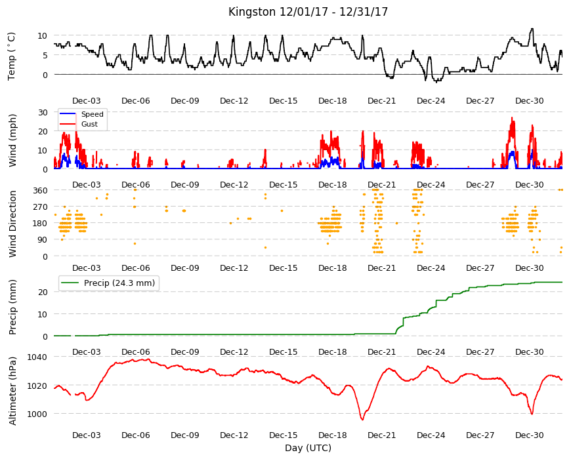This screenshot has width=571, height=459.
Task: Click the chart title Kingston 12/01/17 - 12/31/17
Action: [x=308, y=12]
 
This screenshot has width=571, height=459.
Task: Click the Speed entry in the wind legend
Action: [x=92, y=114]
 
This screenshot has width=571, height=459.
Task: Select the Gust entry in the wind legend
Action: [x=89, y=124]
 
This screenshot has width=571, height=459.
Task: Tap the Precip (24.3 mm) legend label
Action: [x=119, y=283]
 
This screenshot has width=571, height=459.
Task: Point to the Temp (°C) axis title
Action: [x=12, y=56]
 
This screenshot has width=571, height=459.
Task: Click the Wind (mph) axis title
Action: [x=12, y=140]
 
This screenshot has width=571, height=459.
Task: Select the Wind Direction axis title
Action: [x=12, y=224]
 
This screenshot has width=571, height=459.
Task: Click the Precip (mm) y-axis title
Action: [x=12, y=307]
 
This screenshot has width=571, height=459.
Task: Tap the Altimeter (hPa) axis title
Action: [x=12, y=391]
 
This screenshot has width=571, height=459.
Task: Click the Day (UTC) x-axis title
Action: [x=308, y=448]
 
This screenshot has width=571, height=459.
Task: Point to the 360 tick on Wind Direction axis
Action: [x=40, y=191]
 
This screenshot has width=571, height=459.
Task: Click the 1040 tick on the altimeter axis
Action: [x=37, y=357]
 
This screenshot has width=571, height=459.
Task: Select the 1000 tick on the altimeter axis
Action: [x=37, y=414]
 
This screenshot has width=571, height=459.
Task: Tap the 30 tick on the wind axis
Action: [x=43, y=112]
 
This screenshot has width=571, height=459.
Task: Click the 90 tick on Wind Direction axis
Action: [x=43, y=240]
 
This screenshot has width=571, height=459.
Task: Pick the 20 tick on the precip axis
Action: [x=43, y=292]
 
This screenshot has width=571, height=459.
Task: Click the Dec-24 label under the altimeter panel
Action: [x=431, y=435]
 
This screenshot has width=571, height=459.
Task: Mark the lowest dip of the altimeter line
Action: [x=362, y=420]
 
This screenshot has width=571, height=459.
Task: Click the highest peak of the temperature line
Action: [x=532, y=29]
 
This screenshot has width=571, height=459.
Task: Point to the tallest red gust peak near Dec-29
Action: [x=512, y=117]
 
